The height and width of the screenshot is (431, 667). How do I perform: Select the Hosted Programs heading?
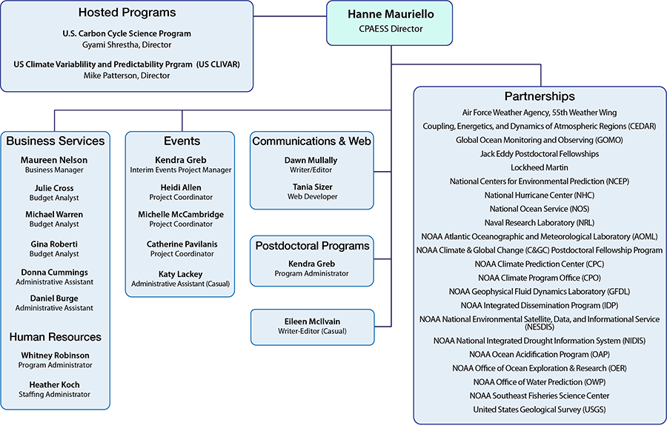click(127, 13)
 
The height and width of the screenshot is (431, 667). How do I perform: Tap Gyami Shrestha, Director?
click(127, 44)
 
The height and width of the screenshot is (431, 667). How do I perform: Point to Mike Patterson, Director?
click(127, 76)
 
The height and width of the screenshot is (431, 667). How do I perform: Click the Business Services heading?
click(56, 141)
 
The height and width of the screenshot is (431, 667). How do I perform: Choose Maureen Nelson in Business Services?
click(54, 160)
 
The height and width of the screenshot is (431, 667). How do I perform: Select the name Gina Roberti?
click(54, 244)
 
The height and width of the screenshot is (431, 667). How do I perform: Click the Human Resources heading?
click(56, 337)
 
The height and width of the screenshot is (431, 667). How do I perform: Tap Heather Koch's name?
click(54, 384)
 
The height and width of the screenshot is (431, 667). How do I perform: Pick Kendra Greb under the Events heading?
click(182, 160)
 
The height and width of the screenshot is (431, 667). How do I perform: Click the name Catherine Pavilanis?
click(182, 244)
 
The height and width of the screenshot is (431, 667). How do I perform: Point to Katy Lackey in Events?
click(182, 274)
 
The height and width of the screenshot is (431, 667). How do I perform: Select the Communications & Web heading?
click(311, 141)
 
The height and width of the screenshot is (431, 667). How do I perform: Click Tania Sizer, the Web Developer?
click(311, 187)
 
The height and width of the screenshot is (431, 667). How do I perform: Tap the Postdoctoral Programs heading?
click(311, 245)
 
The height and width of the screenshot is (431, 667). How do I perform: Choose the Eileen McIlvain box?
click(311, 326)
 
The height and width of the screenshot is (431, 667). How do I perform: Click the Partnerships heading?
click(539, 96)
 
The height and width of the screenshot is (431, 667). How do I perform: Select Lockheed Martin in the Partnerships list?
click(539, 167)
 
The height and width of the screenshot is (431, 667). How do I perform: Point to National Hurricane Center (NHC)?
click(539, 195)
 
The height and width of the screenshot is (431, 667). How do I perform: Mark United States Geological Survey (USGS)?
click(539, 410)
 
